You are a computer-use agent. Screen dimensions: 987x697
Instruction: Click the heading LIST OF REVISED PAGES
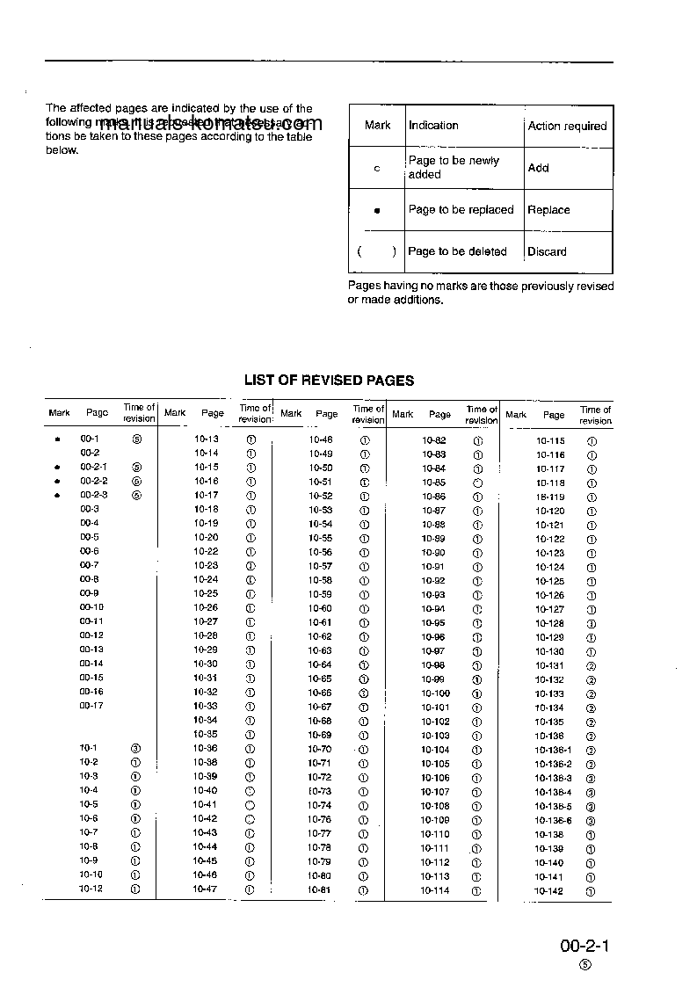pyautogui.click(x=329, y=381)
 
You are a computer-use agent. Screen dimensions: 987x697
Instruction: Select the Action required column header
pyautogui.click(x=567, y=127)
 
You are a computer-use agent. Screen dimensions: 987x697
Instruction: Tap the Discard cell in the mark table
pyautogui.click(x=547, y=252)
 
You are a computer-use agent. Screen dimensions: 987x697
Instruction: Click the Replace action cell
pyautogui.click(x=548, y=210)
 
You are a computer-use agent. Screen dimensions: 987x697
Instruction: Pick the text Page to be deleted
pyautogui.click(x=457, y=252)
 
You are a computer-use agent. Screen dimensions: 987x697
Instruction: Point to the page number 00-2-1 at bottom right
pyautogui.click(x=584, y=947)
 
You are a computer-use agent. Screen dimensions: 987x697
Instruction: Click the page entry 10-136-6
pyautogui.click(x=553, y=821)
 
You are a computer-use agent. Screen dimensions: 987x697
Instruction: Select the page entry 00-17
pyautogui.click(x=91, y=706)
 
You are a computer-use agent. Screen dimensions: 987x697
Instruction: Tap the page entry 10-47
pyautogui.click(x=205, y=889)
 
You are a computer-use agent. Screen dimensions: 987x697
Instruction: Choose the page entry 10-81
pyautogui.click(x=320, y=889)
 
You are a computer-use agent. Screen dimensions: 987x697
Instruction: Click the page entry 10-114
pyautogui.click(x=434, y=891)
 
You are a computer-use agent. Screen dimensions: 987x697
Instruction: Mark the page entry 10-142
pyautogui.click(x=548, y=892)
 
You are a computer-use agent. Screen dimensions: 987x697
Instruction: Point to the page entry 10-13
pyautogui.click(x=206, y=439)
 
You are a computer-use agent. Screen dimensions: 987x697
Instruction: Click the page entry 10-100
pyautogui.click(x=435, y=693)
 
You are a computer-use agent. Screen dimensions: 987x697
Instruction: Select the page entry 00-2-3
pyautogui.click(x=94, y=495)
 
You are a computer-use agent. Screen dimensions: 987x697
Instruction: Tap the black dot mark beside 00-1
pyautogui.click(x=58, y=439)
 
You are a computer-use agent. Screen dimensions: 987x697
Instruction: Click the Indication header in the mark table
pyautogui.click(x=433, y=126)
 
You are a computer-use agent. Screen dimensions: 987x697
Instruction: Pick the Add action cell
pyautogui.click(x=538, y=168)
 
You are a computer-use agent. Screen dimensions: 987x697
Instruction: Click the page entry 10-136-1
pyautogui.click(x=553, y=751)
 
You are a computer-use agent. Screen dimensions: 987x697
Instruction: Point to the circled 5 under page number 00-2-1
pyautogui.click(x=585, y=965)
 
